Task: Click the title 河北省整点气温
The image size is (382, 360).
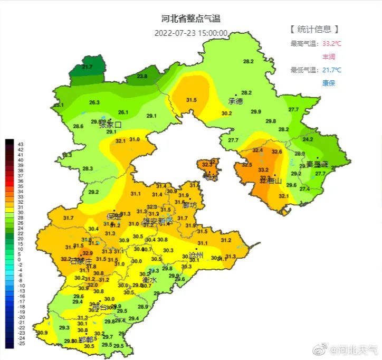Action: pyautogui.click(x=190, y=18)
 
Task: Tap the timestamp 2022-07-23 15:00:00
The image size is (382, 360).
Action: pyautogui.click(x=190, y=33)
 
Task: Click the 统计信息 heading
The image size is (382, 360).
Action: pyautogui.click(x=314, y=30)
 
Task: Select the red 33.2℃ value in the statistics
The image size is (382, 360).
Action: pyautogui.click(x=331, y=44)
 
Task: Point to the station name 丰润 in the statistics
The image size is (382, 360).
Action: pyautogui.click(x=329, y=56)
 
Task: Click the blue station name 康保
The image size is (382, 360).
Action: pyautogui.click(x=329, y=83)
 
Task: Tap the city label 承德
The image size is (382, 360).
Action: pyautogui.click(x=235, y=101)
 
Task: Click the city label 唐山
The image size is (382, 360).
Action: pyautogui.click(x=274, y=182)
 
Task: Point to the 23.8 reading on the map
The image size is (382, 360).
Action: pyautogui.click(x=142, y=77)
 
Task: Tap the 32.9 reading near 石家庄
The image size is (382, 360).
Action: pyautogui.click(x=88, y=253)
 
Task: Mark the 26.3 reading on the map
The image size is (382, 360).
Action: pyautogui.click(x=94, y=102)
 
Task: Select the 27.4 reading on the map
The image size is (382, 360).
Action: pyautogui.click(x=304, y=189)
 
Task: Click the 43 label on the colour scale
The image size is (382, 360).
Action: pyautogui.click(x=21, y=144)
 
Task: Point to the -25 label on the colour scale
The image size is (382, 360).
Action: pyautogui.click(x=21, y=344)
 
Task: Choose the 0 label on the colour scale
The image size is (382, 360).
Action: pyautogui.click(x=20, y=260)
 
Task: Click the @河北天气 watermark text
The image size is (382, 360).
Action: pyautogui.click(x=354, y=349)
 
